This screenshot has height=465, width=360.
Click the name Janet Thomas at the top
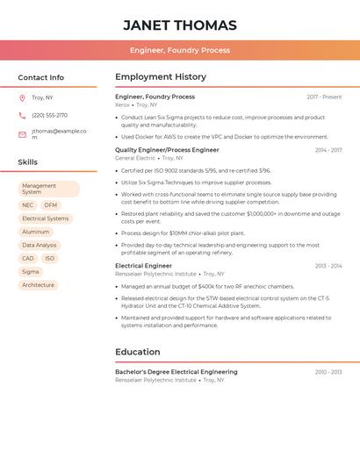pyautogui.click(x=180, y=25)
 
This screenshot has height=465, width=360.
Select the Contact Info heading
pyautogui.click(x=41, y=77)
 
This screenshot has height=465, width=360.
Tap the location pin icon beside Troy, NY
pyautogui.click(x=22, y=98)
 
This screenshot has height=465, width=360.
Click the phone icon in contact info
pyautogui.click(x=22, y=116)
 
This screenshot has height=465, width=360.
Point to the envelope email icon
pyautogui.click(x=22, y=134)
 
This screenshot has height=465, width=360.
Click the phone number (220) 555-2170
pyautogui.click(x=49, y=116)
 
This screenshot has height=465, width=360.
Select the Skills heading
pyautogui.click(x=28, y=162)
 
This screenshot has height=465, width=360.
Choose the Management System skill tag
pyautogui.click(x=48, y=189)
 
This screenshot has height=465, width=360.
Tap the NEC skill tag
pyautogui.click(x=28, y=205)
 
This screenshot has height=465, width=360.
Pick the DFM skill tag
pyautogui.click(x=50, y=205)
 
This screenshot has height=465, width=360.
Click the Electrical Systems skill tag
pyautogui.click(x=46, y=218)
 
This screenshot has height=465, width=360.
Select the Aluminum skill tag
pyautogui.click(x=36, y=232)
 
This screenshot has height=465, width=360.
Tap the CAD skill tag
pyautogui.click(x=28, y=259)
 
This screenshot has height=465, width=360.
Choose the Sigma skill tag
pyautogui.click(x=31, y=272)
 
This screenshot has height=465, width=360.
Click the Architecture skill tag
pyautogui.click(x=39, y=285)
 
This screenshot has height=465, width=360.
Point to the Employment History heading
pyautogui.click(x=161, y=77)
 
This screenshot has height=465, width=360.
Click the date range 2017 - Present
pyautogui.click(x=324, y=97)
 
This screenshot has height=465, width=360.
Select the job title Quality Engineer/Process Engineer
pyautogui.click(x=168, y=150)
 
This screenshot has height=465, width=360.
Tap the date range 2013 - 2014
pyautogui.click(x=328, y=266)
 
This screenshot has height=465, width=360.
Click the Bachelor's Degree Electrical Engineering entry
pyautogui.click(x=176, y=372)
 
